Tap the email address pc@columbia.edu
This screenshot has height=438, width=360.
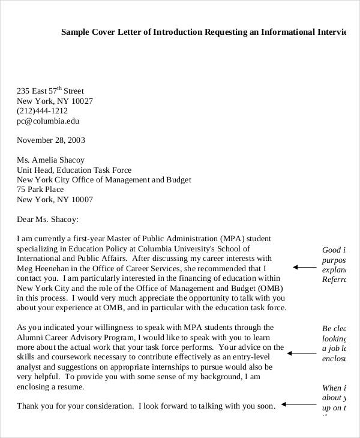[48, 121]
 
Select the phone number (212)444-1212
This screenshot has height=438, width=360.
[42, 111]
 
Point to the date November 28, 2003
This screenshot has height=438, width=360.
[51, 140]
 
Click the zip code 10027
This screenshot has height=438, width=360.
[81, 101]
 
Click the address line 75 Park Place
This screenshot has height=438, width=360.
[41, 190]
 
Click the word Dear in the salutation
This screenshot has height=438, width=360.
[26, 219]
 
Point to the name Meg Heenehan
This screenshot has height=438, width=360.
[44, 268]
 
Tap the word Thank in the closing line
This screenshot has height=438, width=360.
[28, 406]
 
